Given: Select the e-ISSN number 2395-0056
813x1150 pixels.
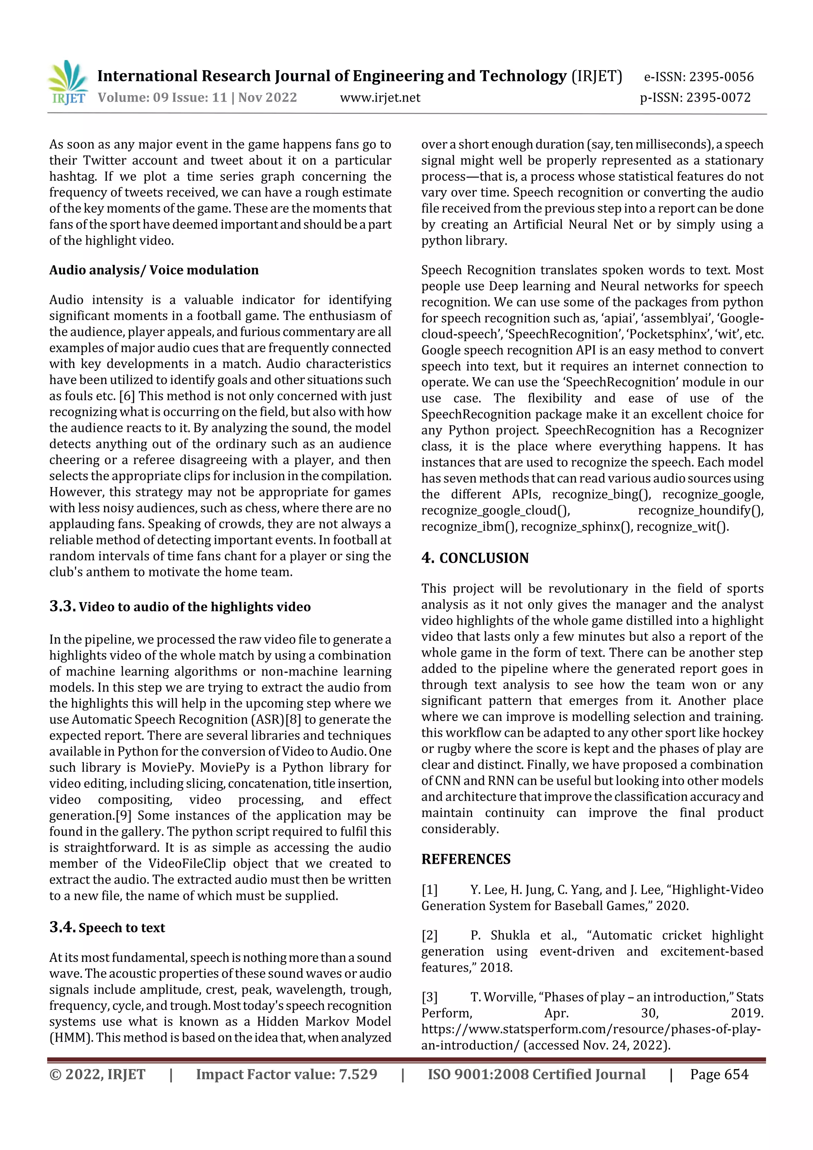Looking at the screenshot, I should click(721, 77).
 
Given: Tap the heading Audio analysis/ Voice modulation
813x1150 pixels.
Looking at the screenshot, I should click(154, 270).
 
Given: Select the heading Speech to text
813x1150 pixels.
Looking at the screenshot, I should click(122, 928).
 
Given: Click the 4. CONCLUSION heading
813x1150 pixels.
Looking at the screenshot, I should click(474, 558).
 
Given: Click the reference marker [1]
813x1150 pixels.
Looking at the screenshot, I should click(429, 890).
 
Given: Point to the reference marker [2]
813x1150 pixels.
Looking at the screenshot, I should click(429, 936).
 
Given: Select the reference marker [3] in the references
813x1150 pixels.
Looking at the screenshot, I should click(429, 997).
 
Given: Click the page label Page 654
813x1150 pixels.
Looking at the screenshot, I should click(719, 1074).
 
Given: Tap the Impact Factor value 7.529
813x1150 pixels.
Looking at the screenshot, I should click(358, 1074).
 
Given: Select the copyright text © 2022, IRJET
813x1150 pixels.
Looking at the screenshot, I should click(97, 1074).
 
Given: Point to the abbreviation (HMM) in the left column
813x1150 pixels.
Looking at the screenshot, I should click(71, 1037).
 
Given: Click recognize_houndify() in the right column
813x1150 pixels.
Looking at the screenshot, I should click(700, 510).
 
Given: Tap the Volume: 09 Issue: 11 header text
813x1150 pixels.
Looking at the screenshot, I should click(162, 98).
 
